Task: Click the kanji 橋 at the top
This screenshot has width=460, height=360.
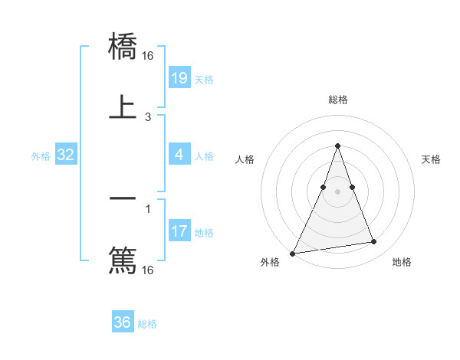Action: pyautogui.click(x=123, y=47)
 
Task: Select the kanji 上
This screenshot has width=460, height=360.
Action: pyautogui.click(x=123, y=107)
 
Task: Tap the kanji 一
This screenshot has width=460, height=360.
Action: pyautogui.click(x=123, y=198)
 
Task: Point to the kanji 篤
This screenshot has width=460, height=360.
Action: pyautogui.click(x=123, y=259)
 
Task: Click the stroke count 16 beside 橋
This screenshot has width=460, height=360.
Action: pyautogui.click(x=148, y=56)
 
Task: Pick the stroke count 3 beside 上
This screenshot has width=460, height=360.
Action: pyautogui.click(x=148, y=116)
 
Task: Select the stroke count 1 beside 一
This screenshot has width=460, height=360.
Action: pyautogui.click(x=148, y=208)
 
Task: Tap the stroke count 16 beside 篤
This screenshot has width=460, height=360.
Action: pyautogui.click(x=148, y=270)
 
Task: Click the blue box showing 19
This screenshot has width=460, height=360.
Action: pyautogui.click(x=179, y=77)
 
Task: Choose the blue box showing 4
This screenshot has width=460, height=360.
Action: pyautogui.click(x=179, y=154)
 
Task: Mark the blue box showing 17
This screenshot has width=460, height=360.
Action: pyautogui.click(x=179, y=231)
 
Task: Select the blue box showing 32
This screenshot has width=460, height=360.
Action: pyautogui.click(x=66, y=155)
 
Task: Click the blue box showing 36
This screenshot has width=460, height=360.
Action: pyautogui.click(x=123, y=322)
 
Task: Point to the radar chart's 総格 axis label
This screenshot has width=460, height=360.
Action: pyautogui.click(x=337, y=100)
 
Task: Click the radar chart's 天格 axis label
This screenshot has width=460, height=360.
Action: pyautogui.click(x=432, y=159)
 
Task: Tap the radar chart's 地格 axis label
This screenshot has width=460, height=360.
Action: pyautogui.click(x=402, y=262)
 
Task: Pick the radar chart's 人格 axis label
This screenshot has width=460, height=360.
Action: pyautogui.click(x=245, y=159)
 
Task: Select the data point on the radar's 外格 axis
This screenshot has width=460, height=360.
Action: pyautogui.click(x=292, y=254)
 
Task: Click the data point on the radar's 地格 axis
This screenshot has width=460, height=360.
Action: pyautogui.click(x=374, y=242)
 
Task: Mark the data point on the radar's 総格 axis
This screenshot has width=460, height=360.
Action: pyautogui.click(x=337, y=146)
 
